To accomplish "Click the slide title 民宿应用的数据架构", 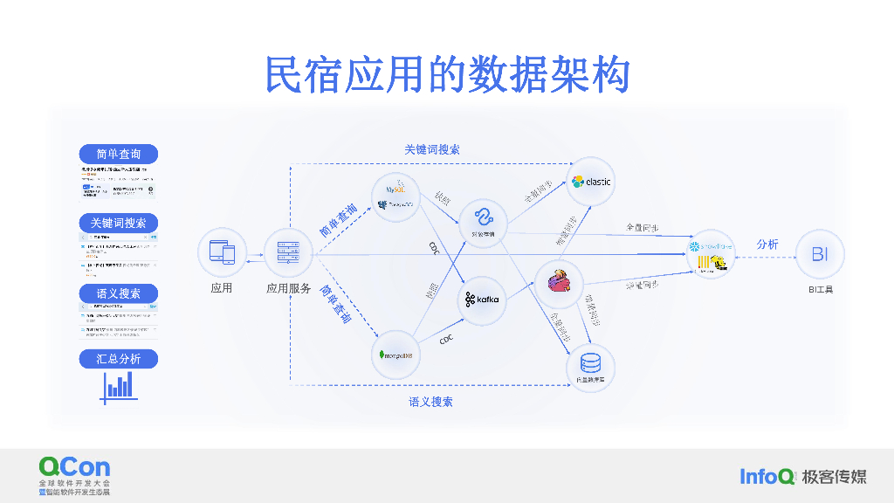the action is click(x=447, y=75).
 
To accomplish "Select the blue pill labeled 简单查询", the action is click(x=119, y=154).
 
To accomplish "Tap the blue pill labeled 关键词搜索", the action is click(x=119, y=223).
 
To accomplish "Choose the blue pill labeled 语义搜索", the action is click(x=119, y=293).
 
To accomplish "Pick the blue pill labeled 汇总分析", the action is click(x=119, y=358).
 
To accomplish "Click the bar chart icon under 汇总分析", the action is click(x=119, y=386).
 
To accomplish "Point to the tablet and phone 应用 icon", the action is click(x=222, y=252).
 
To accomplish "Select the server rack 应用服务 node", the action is click(x=288, y=252).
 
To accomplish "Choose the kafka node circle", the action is click(x=483, y=300).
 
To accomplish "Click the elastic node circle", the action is click(x=591, y=182).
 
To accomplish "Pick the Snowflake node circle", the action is click(x=711, y=253).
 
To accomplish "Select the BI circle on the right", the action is click(x=820, y=254).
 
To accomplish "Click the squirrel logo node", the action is click(x=558, y=281).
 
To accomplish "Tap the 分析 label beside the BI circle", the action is click(x=767, y=245).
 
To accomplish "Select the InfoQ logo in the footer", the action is click(x=767, y=476).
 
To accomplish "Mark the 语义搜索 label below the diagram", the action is click(x=430, y=402).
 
